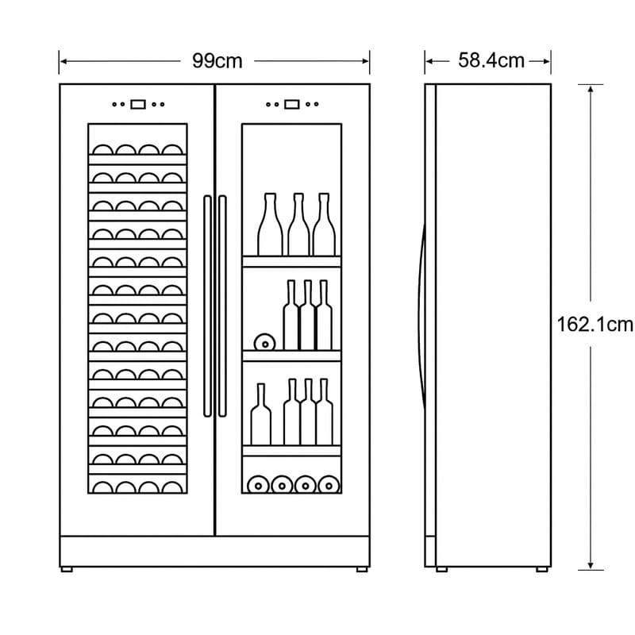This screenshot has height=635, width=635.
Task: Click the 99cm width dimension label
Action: coord(217,60)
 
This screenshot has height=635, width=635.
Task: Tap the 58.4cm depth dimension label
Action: coord(491,60)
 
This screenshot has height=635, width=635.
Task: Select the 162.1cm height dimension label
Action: coord(595,324)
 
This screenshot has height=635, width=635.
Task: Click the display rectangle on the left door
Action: coord(138,104)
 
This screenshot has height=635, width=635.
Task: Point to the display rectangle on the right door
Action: coord(292,104)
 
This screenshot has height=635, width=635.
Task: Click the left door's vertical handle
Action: coord(207,306)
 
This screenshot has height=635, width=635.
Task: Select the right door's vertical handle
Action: coord(221,306)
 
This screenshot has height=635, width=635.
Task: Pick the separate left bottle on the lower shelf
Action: coord(260,416)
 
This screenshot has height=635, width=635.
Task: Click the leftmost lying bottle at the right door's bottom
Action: coord(256,483)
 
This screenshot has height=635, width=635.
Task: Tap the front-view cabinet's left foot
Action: coord(67,568)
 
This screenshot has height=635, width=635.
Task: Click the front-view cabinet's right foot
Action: coord(362,568)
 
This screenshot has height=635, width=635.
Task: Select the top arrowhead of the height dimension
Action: coord(590,89)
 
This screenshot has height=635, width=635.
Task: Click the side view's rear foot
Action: coord(541,568)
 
